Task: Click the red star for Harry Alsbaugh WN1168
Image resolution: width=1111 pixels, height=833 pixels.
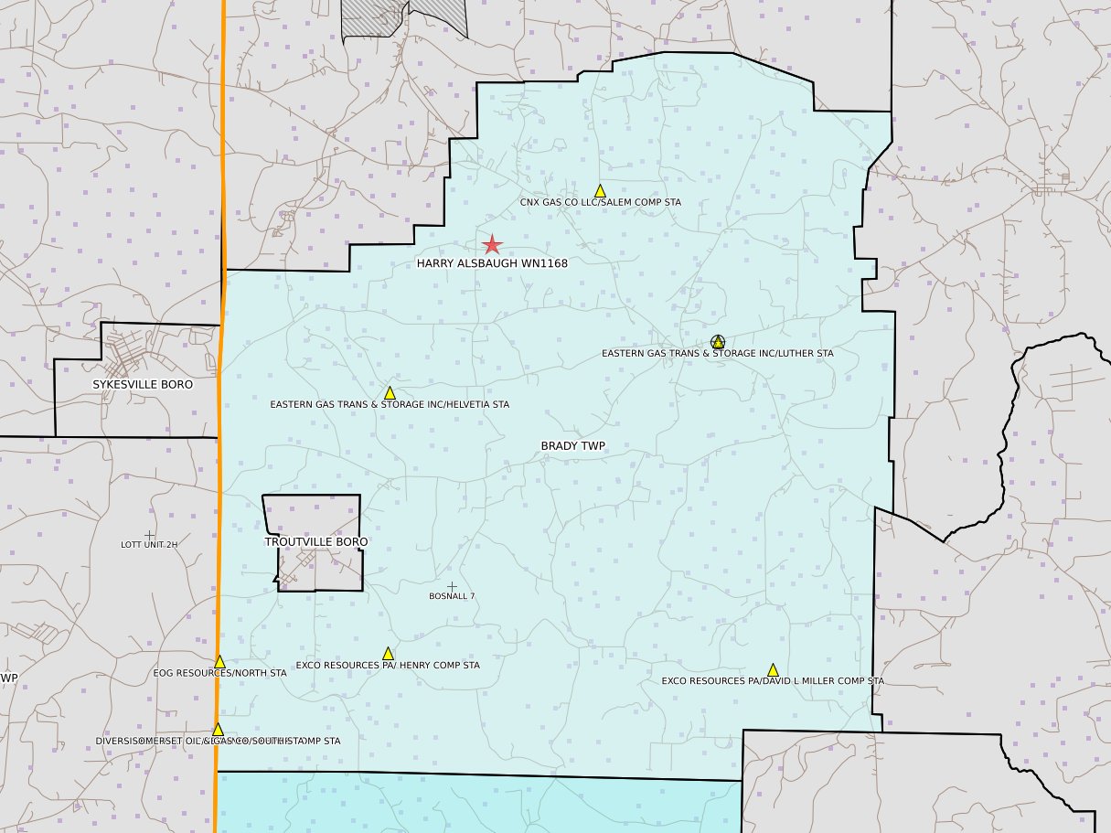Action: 492,244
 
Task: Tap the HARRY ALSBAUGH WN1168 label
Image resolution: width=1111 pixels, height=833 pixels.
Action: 492,263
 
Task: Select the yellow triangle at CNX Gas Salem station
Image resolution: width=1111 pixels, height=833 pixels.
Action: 600,191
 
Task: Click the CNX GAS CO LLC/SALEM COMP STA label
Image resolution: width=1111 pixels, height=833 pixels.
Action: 600,203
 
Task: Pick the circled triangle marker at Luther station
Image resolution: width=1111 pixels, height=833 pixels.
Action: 718,341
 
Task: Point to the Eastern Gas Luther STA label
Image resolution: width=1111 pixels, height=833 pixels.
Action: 717,354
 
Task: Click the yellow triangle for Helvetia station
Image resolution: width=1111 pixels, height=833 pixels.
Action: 390,393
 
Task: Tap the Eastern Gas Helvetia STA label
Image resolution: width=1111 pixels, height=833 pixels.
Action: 390,404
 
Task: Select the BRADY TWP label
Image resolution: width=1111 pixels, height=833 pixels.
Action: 573,446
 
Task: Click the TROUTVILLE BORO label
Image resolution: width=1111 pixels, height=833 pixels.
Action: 316,542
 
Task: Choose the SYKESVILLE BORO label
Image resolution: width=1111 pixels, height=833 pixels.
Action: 143,385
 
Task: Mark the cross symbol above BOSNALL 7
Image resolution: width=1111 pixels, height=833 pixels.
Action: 451,585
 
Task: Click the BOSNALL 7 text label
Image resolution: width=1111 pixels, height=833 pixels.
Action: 452,596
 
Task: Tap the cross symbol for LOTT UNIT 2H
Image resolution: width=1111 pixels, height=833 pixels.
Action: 149,535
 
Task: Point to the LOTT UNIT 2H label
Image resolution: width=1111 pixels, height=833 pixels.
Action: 149,545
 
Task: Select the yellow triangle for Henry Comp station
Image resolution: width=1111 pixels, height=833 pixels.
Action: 388,654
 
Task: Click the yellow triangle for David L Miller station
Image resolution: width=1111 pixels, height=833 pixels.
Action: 773,670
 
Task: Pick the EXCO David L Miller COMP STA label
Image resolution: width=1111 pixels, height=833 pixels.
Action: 773,681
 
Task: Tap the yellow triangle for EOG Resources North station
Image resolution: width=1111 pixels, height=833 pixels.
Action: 219,661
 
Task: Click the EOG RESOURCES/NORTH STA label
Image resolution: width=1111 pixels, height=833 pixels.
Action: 220,673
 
